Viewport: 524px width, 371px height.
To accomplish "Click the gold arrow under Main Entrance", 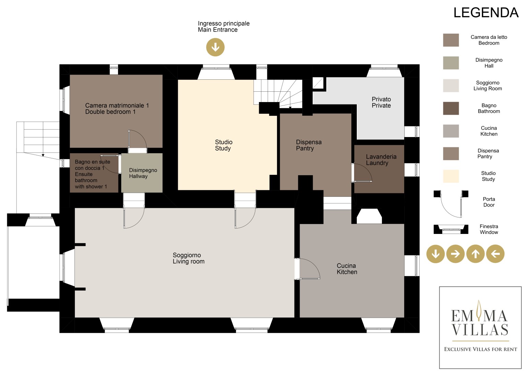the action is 215,47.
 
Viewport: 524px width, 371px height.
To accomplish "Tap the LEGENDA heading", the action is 486,13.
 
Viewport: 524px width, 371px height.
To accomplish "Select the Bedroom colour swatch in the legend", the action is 451,40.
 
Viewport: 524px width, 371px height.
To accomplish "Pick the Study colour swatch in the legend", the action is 451,176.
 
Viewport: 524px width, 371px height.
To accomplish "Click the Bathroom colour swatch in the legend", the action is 451,108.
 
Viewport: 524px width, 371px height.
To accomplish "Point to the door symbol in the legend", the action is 451,204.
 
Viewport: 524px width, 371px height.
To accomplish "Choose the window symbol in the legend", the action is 451,229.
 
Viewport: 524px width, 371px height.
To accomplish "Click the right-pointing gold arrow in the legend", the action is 455,254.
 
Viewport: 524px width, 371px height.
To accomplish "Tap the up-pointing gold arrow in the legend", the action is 475,254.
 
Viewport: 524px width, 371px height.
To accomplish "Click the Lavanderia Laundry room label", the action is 381,160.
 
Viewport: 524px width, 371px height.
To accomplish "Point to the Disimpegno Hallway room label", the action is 143,173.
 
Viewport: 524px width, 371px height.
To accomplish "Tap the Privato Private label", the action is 381,102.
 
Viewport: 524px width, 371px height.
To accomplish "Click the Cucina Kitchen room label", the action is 347,269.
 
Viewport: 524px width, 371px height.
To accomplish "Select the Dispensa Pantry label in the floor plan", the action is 308,145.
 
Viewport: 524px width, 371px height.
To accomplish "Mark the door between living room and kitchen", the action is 307,269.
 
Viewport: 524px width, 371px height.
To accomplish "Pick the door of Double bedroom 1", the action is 138,139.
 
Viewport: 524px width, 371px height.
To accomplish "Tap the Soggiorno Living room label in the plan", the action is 188,258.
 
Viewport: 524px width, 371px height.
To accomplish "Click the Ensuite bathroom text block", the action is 92,174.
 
